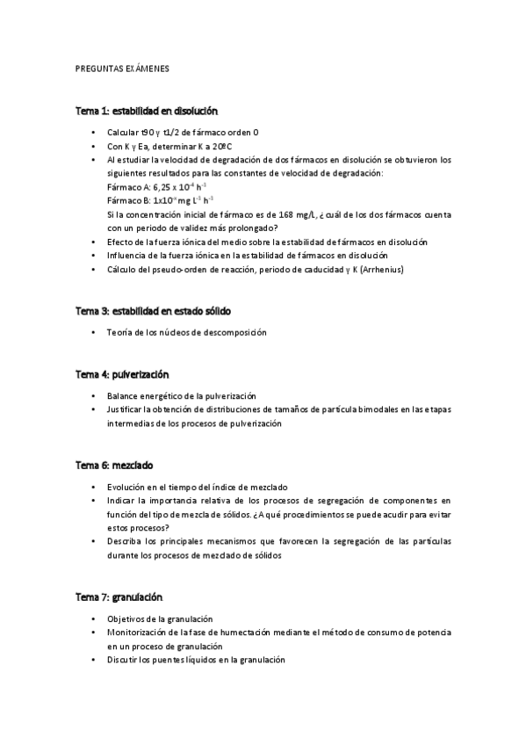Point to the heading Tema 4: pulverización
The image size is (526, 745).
coord(121,374)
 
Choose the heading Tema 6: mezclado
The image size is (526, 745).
coord(115,465)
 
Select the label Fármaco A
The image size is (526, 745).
coord(127,187)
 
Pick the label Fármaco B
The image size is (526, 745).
coord(127,200)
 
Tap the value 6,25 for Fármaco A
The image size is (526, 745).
coord(162,187)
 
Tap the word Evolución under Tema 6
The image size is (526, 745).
coord(127,487)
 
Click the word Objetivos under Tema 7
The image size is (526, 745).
coord(128,618)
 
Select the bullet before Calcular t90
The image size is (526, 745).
coord(94,133)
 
